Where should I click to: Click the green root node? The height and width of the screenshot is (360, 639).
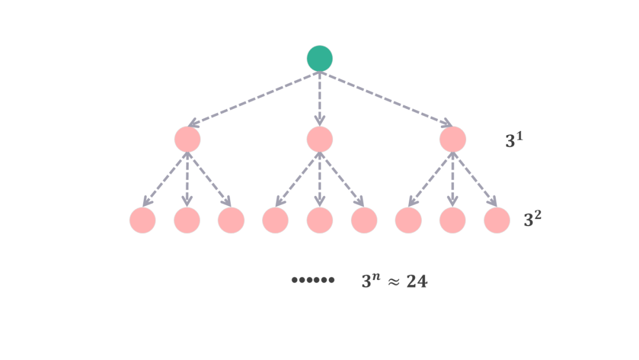click(319, 58)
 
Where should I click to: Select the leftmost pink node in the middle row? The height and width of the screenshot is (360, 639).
click(188, 139)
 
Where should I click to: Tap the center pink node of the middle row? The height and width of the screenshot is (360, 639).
click(319, 139)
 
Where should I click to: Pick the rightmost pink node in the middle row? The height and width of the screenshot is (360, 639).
click(453, 139)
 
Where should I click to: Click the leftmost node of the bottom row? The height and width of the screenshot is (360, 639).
click(143, 220)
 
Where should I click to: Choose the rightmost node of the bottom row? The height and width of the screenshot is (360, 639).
click(497, 220)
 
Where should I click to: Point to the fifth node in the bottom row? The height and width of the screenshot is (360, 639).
click(319, 220)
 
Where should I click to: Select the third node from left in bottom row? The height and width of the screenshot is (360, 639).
click(231, 220)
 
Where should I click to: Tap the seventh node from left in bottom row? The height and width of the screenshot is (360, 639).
click(408, 220)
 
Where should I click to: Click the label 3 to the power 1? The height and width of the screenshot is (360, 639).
click(514, 140)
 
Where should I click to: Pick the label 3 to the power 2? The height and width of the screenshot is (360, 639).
click(532, 219)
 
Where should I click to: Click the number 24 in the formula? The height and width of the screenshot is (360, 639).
click(417, 282)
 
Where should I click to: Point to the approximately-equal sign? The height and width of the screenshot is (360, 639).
click(393, 282)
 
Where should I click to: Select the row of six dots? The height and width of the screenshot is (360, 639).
click(313, 280)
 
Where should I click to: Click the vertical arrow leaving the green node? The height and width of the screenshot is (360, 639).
click(319, 98)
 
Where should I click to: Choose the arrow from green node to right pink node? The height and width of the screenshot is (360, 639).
click(386, 99)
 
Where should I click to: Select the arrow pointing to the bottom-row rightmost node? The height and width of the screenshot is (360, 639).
click(475, 179)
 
